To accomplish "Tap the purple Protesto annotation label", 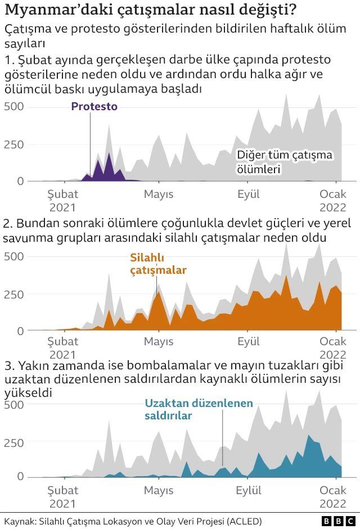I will coord(94,106).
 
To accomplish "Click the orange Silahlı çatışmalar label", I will coord(158,264).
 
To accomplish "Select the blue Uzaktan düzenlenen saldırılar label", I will coord(199,410).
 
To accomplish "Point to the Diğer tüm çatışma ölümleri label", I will coord(285,161).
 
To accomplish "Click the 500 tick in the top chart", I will coord(14,106).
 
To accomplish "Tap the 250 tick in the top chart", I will coord(14,144).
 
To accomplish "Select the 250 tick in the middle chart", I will coord(14,294).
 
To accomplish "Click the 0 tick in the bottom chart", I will coord(20,477).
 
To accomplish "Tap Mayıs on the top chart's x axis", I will coord(159,195).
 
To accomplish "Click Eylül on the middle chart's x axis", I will coord(248,341).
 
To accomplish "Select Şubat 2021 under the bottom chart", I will coord(62,496).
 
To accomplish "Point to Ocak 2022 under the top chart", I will coord(334,201).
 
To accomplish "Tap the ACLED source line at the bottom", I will coord(133,521).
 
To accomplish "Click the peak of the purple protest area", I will coord(109,153).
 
